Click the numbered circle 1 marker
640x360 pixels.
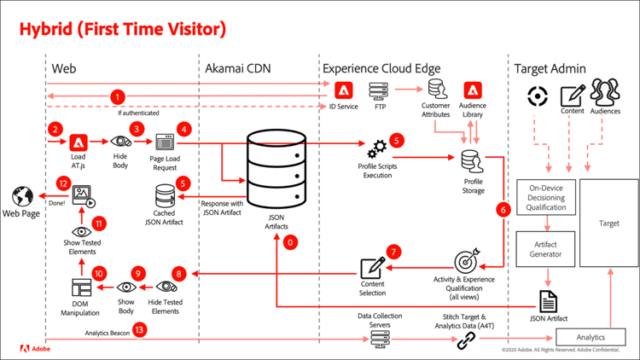coord(118,97)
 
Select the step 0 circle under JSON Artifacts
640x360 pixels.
coord(292,243)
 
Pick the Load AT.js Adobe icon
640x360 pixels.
coord(79,143)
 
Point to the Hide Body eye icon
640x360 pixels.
coord(120,144)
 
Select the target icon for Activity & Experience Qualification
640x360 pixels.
coord(467,261)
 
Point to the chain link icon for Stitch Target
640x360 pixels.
coord(466,341)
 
